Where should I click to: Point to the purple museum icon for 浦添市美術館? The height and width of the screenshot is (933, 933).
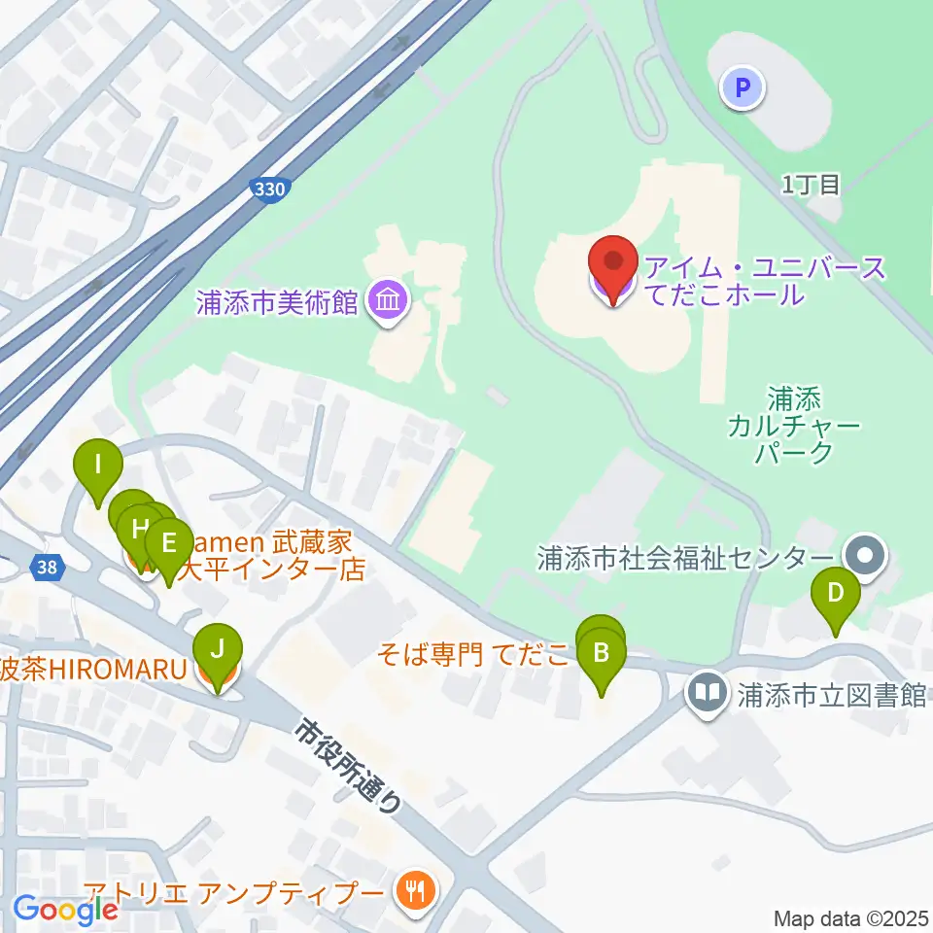[389, 300]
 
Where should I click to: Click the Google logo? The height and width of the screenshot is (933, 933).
[66, 910]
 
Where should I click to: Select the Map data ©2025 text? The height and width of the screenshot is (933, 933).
[850, 917]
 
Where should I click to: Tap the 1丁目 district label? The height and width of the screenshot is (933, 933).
[811, 185]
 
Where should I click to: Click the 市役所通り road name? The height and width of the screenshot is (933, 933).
[350, 765]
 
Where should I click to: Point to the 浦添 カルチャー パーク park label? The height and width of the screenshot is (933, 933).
[796, 425]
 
